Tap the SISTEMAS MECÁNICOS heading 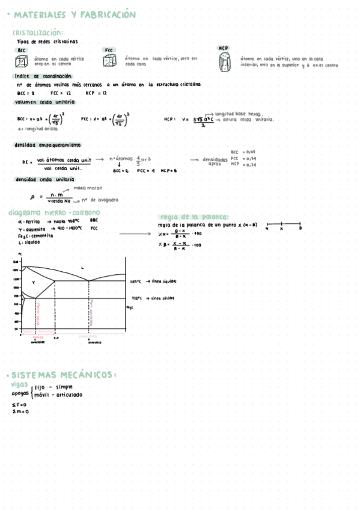(x=65, y=375)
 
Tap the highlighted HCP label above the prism (x=224, y=48)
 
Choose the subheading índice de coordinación (x=43, y=76)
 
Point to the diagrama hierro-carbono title (x=54, y=212)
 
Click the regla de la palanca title (x=194, y=217)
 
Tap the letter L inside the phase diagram (x=82, y=268)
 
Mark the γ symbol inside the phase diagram (x=34, y=282)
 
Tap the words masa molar (x=91, y=188)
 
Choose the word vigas (x=19, y=383)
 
